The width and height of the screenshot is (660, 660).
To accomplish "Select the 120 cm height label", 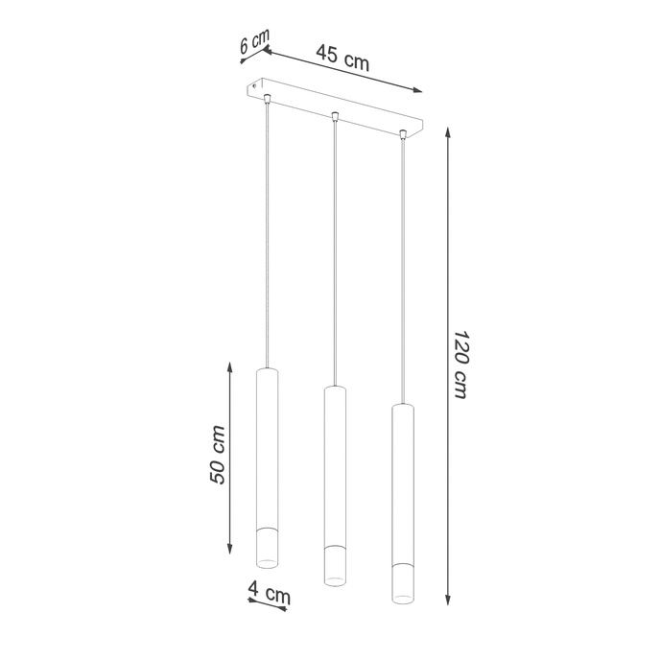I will click(461, 365).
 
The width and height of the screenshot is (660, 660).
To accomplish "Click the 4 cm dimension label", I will click(269, 594).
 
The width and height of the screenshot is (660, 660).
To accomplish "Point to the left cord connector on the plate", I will click(268, 99).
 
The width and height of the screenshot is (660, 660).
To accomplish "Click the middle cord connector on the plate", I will click(334, 118).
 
